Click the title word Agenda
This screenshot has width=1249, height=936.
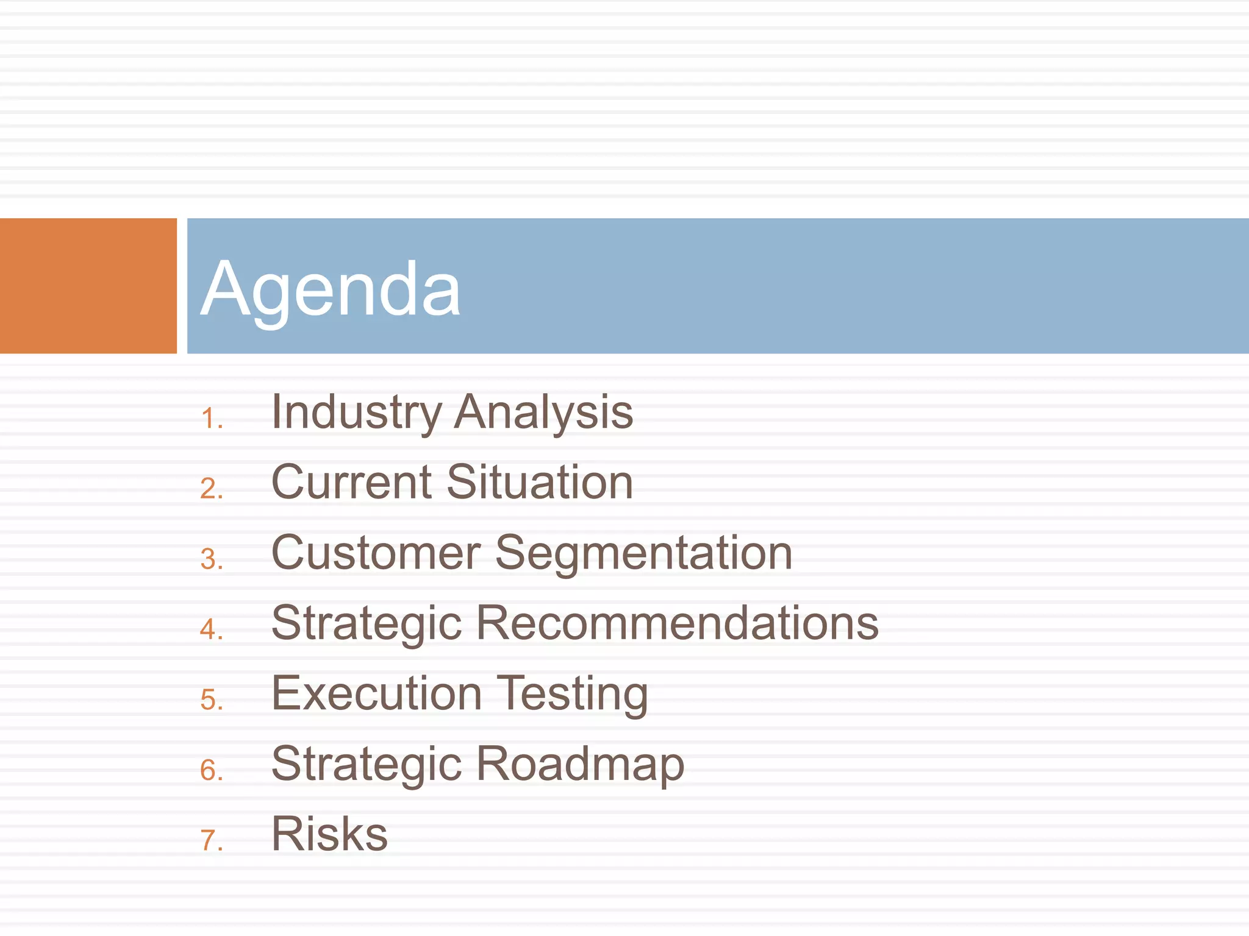[x=330, y=289]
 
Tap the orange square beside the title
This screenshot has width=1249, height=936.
[x=88, y=286]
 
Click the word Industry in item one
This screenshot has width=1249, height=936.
[x=356, y=413]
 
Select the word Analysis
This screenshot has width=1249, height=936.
[x=544, y=413]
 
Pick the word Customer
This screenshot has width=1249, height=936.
[x=376, y=553]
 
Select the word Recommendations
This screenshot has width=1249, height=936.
[x=677, y=623]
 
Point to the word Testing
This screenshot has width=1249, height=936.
[x=573, y=695]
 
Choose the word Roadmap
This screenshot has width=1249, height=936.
[x=580, y=765]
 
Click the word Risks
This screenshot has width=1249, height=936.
[x=329, y=834]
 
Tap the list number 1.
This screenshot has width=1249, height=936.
[x=211, y=419]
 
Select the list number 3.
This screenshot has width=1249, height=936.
[x=211, y=560]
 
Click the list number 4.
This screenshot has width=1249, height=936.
[x=211, y=630]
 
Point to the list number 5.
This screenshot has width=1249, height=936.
[x=211, y=700]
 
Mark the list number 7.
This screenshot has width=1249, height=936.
[x=211, y=841]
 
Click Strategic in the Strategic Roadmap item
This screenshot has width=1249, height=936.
[x=367, y=765]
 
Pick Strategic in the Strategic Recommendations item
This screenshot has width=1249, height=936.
[x=367, y=625]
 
